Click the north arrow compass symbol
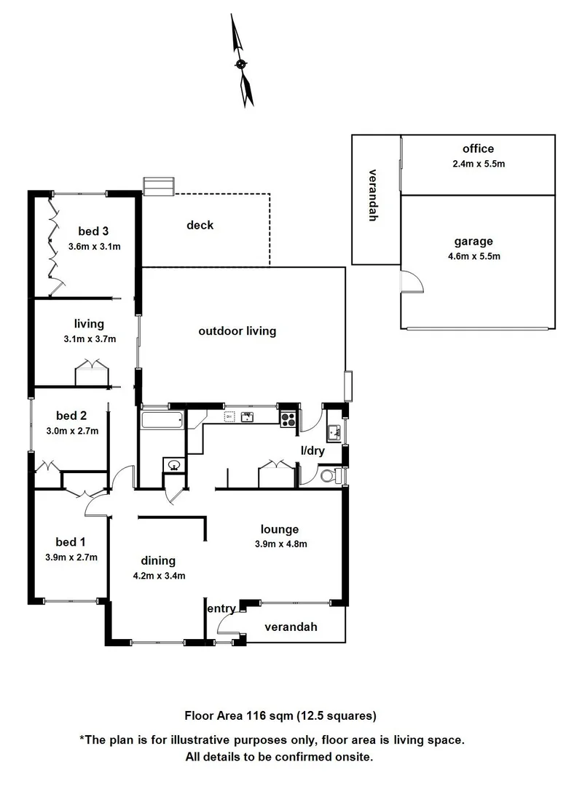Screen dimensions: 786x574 [242, 64]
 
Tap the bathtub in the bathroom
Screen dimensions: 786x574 [163, 419]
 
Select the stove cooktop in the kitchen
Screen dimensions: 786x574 [288, 418]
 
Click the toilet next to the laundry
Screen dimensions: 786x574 [331, 477]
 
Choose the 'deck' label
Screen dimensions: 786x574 [200, 225]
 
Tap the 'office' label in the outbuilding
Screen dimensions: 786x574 [478, 149]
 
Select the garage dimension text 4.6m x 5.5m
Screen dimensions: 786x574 [478, 255]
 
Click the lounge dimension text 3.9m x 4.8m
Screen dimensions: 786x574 [280, 544]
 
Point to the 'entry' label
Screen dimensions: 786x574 [221, 609]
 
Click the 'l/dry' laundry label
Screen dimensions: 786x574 [312, 451]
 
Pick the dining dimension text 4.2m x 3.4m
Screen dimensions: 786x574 [158, 575]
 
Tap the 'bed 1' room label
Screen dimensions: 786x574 [71, 541]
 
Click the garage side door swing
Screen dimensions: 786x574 [411, 281]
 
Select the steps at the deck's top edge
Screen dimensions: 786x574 [158, 186]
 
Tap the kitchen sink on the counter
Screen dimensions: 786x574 [248, 417]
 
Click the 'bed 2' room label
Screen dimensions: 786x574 [71, 416]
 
